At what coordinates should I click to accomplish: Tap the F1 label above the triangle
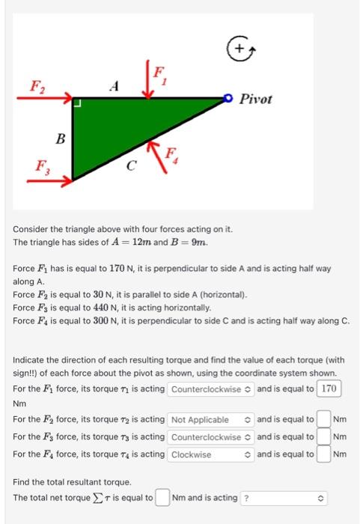[159, 74]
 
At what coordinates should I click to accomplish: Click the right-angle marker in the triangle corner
[77, 103]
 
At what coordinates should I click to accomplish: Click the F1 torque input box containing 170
[329, 389]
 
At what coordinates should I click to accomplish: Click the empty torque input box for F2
[323, 419]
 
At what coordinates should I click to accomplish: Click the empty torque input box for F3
[323, 437]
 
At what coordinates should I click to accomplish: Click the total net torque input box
[162, 497]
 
